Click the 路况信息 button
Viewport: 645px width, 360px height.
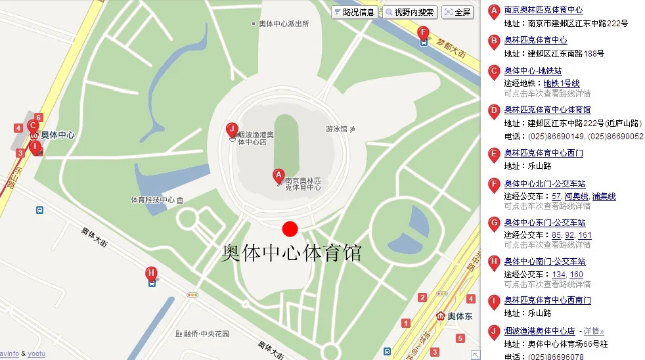[x=355, y=12]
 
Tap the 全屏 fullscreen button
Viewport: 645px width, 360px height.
[x=458, y=12]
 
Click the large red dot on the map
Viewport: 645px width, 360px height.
[x=290, y=229]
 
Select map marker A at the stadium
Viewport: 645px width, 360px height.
[x=278, y=175]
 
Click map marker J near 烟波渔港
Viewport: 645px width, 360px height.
[x=231, y=129]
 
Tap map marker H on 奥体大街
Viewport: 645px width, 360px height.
[x=152, y=273]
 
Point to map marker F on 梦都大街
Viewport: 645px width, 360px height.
[x=424, y=32]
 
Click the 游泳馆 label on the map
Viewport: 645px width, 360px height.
[x=336, y=129]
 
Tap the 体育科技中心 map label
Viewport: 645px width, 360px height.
[x=152, y=200]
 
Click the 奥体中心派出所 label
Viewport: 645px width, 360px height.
[x=284, y=24]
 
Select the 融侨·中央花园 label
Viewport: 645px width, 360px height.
[x=206, y=334]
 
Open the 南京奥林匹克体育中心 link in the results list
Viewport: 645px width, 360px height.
[x=543, y=10]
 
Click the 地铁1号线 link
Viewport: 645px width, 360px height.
[x=562, y=83]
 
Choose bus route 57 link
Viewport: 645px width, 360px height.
[x=556, y=196]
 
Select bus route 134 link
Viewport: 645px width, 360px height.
[x=559, y=275]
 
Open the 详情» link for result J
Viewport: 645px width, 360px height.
[x=594, y=331]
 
